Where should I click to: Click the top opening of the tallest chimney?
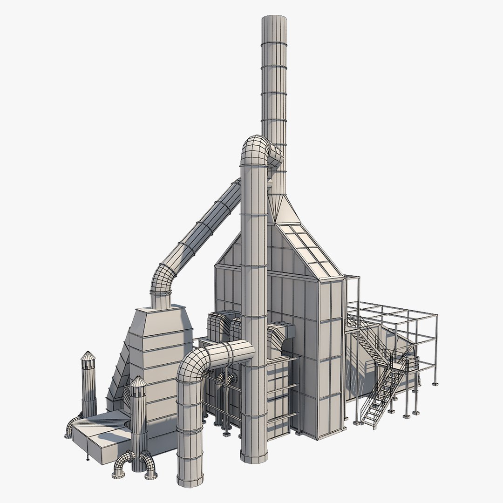[274, 19]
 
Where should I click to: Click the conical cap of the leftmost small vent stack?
[88, 356]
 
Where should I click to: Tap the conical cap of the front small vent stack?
[138, 381]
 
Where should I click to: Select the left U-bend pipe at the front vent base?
[122, 463]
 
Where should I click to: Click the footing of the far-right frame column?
[435, 384]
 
